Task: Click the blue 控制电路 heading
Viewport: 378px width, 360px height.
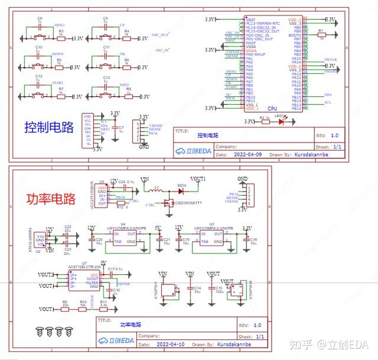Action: click(x=49, y=127)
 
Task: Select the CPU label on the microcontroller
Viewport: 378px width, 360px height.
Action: click(x=272, y=109)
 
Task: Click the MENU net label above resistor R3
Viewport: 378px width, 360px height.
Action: click(x=59, y=26)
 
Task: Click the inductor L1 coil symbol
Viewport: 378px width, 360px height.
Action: click(x=157, y=191)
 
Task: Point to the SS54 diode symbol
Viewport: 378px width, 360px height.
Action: click(x=182, y=191)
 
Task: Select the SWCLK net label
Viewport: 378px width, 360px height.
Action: click(x=330, y=60)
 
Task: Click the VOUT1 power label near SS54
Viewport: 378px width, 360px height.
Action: click(x=198, y=178)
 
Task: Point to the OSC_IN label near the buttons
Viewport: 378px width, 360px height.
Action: click(x=162, y=50)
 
